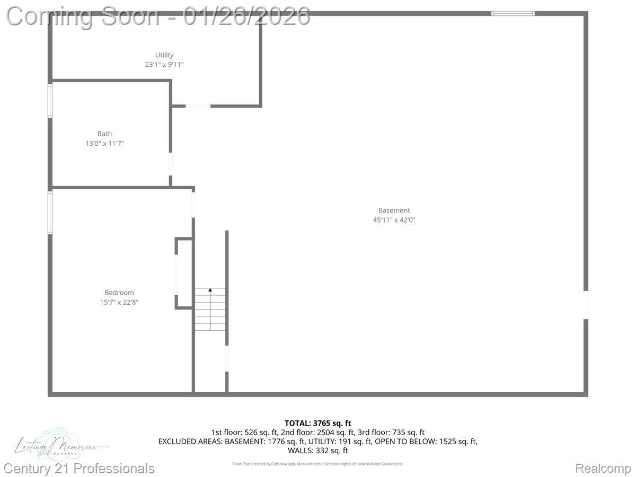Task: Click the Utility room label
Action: (164, 55)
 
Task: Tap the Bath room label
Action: (104, 134)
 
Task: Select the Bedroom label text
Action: (119, 293)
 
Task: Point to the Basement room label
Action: (394, 210)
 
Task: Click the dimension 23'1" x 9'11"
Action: (164, 65)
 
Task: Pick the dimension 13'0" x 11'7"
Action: (104, 144)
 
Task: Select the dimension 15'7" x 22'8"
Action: (119, 302)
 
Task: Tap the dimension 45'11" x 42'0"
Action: (394, 220)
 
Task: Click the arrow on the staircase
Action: (210, 290)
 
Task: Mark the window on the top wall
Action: (513, 13)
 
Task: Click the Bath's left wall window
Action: (50, 101)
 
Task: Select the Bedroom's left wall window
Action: (50, 213)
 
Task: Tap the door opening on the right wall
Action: (586, 305)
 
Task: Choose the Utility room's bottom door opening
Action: (198, 106)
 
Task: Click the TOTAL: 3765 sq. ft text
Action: (318, 423)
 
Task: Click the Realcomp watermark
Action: (603, 469)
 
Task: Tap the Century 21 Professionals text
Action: (79, 469)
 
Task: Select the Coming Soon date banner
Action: (158, 16)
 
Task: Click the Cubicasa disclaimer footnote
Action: (318, 464)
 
